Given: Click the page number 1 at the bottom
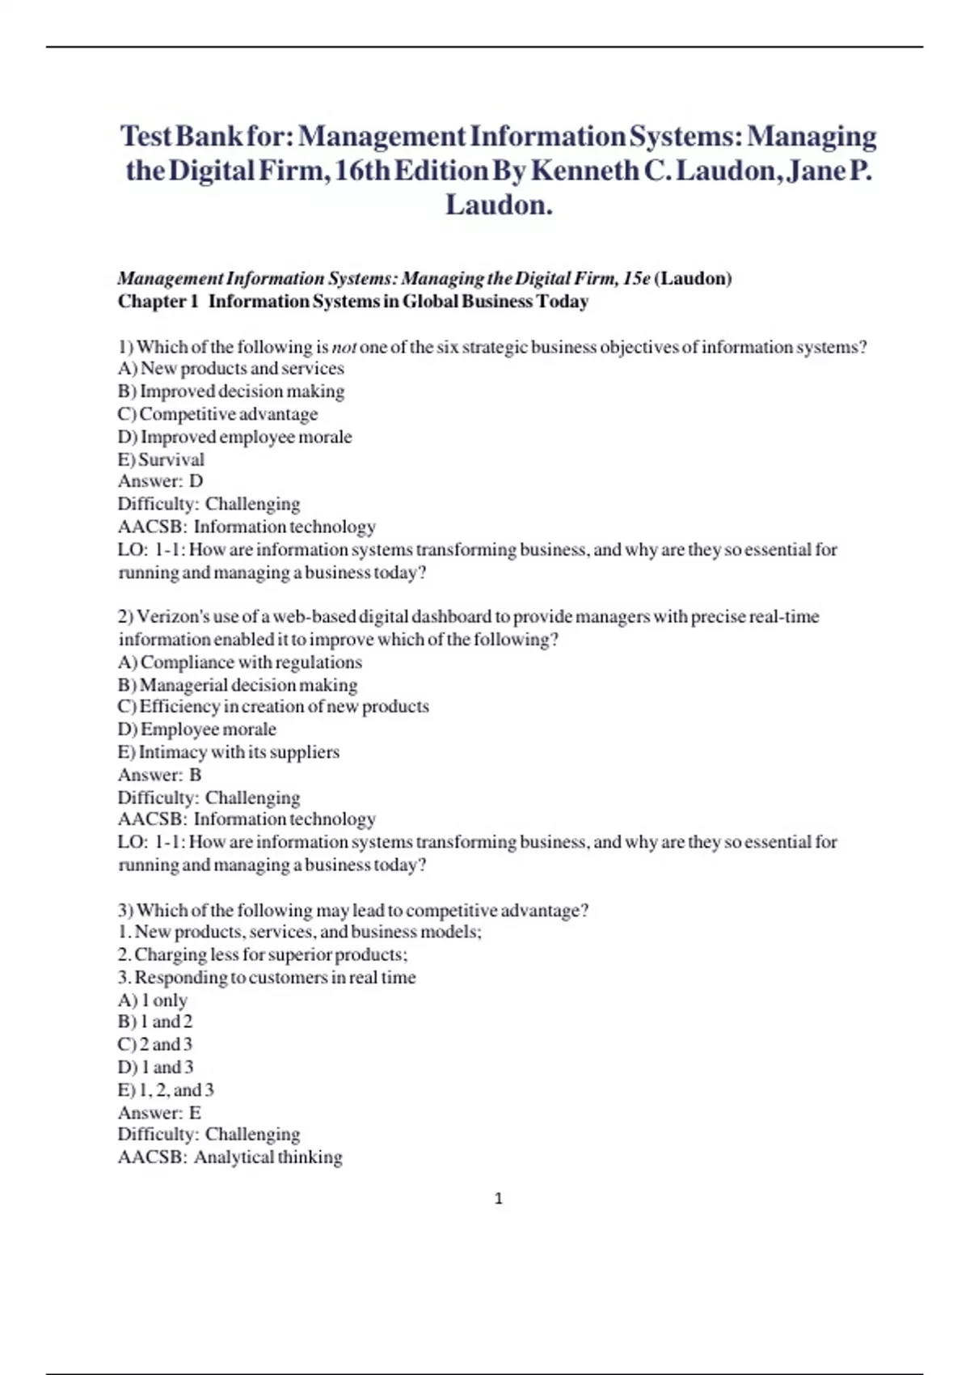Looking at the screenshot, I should (x=498, y=1199).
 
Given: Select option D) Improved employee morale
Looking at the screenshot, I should (x=234, y=438).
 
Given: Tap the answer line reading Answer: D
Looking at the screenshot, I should (x=160, y=481).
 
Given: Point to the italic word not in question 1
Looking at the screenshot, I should (x=344, y=348).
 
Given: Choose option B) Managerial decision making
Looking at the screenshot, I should (x=237, y=685).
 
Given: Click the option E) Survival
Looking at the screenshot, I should (x=161, y=459).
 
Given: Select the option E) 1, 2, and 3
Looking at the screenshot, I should (x=166, y=1089).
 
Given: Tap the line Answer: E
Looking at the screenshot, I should (x=159, y=1112).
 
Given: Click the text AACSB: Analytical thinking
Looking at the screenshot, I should (x=230, y=1157).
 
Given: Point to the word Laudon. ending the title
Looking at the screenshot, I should (x=499, y=205).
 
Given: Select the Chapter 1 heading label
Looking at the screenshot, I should (x=158, y=302).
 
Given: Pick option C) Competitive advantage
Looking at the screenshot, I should (x=217, y=414).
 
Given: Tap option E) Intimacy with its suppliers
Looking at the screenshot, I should (x=228, y=752).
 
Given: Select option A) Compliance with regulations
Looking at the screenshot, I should (x=239, y=662).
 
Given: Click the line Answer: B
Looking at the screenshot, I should (x=159, y=775).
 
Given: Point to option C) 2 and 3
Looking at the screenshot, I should (x=155, y=1044).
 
